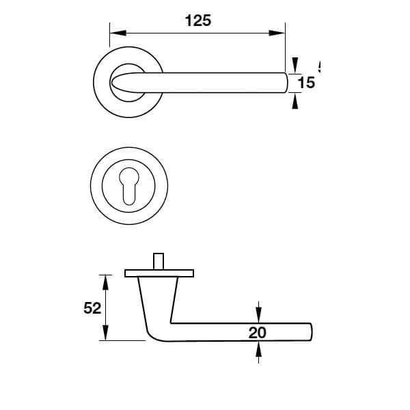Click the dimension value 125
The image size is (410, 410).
198,20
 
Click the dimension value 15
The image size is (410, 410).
307,83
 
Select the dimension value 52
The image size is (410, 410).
92,308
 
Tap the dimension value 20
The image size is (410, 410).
258,333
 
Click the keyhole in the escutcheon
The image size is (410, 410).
130,187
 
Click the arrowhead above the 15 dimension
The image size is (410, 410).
295,66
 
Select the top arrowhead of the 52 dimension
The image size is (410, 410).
105,279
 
